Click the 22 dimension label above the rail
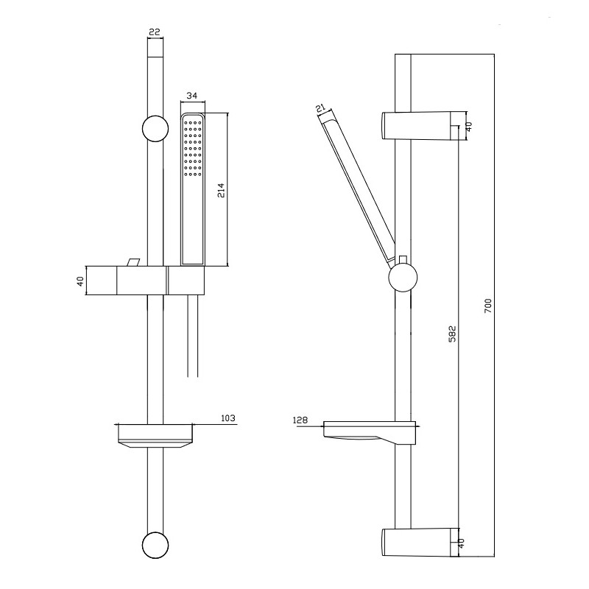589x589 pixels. pos(155,32)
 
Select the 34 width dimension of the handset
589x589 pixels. pos(192,96)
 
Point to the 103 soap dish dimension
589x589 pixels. pos(228,417)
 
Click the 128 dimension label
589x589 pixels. pos(300,420)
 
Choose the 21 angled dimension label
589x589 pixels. pos(320,108)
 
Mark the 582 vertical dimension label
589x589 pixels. pos(452,334)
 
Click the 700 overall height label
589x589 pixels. pos(487,306)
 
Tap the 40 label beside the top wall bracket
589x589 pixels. pos(469,127)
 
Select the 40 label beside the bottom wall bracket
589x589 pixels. pos(462,543)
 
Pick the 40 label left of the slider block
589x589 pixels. pos(80,281)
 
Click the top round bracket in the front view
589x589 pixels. pos(155,128)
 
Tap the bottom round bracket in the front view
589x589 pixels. pos(155,545)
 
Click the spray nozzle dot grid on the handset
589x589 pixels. pos(193,148)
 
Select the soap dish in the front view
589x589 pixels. pos(155,436)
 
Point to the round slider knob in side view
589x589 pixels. pos(403,278)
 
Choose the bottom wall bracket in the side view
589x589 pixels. pos(420,543)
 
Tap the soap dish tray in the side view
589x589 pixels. pos(370,433)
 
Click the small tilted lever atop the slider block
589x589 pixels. pos(133,262)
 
